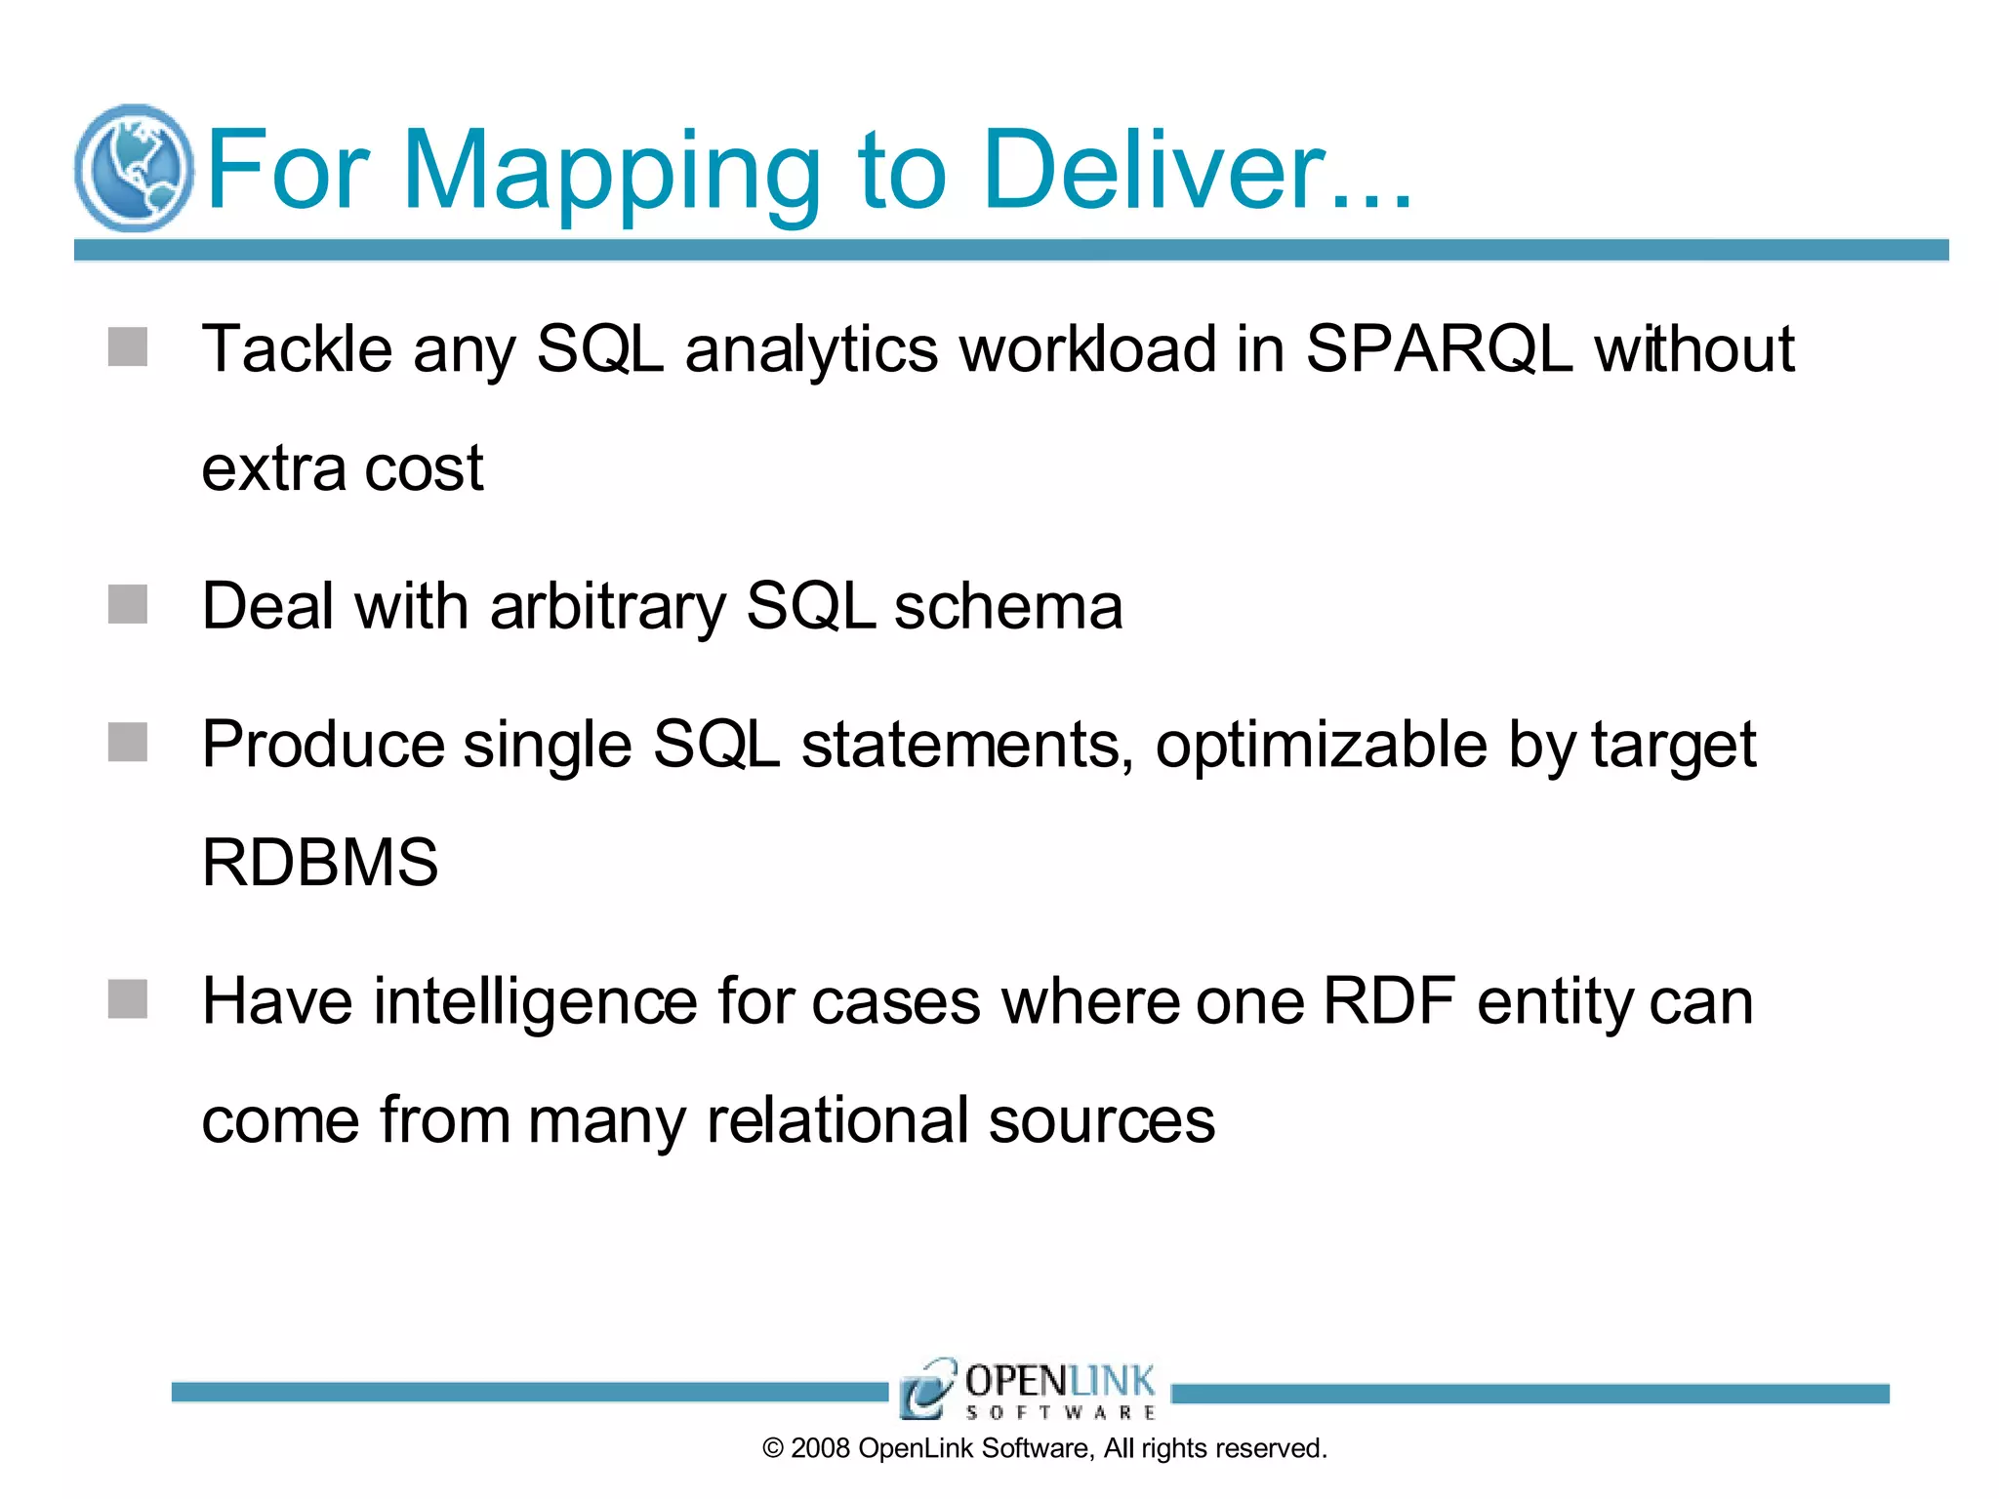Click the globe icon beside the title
(x=134, y=168)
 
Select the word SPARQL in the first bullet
(x=1439, y=348)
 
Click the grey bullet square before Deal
(x=128, y=604)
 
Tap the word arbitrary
(x=608, y=607)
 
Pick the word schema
(x=1008, y=606)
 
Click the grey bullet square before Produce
(x=128, y=742)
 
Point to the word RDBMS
(x=320, y=863)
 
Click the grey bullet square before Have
(x=128, y=999)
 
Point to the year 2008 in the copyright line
(x=820, y=1448)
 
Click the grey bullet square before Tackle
(x=128, y=346)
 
